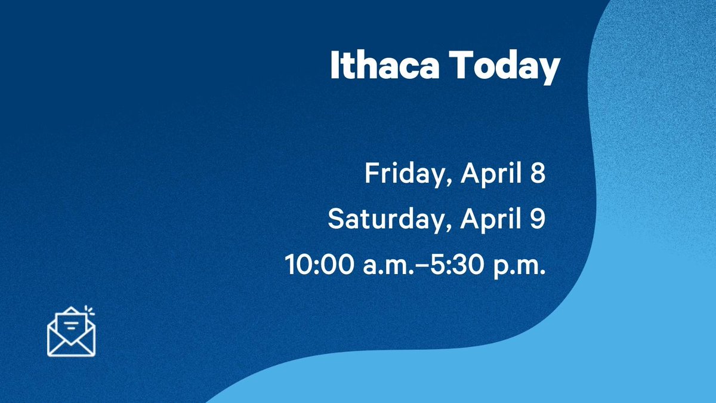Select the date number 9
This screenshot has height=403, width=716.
tap(538, 219)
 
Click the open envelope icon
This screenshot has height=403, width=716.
tap(71, 332)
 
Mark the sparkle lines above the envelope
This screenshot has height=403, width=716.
tap(89, 310)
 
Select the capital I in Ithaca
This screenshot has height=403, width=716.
tap(334, 67)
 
